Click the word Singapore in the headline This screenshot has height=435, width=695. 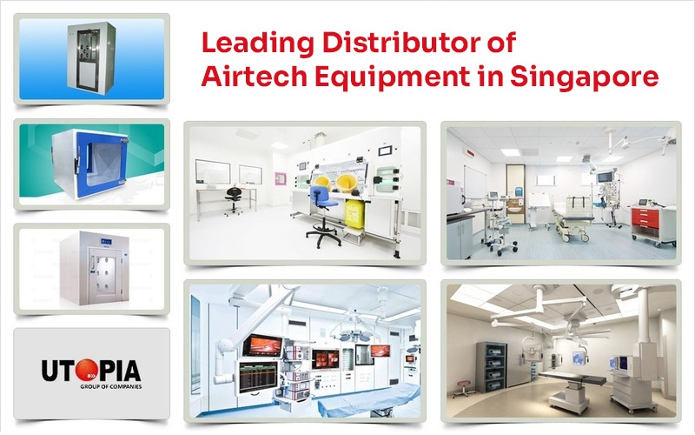click(590, 77)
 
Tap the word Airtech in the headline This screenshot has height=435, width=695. click(244, 77)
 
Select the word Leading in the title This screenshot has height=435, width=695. click(249, 42)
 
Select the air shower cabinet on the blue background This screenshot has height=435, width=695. click(92, 58)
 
